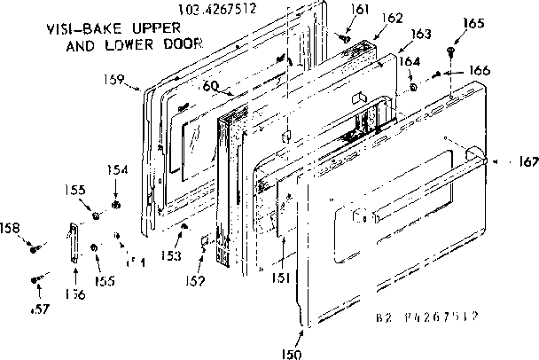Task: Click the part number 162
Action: [x=393, y=17]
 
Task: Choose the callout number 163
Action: [x=421, y=34]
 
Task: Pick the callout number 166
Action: [x=479, y=70]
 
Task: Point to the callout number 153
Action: [x=171, y=255]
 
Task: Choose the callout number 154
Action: [x=118, y=169]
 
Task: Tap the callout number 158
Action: [x=11, y=226]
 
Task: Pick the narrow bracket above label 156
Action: [x=74, y=243]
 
